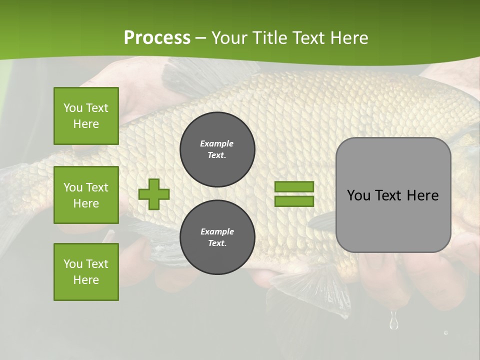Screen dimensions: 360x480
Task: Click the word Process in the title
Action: click(157, 38)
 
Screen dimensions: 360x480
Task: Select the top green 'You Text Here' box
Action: click(86, 116)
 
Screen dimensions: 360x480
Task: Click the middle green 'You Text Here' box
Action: click(86, 195)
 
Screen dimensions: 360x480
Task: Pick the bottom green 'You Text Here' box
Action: click(86, 272)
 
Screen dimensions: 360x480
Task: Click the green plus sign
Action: click(153, 194)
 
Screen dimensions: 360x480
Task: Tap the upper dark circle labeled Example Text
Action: click(217, 149)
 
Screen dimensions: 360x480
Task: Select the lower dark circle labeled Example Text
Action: click(217, 237)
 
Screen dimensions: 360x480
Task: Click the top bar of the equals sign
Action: click(294, 187)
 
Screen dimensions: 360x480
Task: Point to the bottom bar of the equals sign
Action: click(294, 201)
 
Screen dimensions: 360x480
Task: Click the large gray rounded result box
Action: click(393, 220)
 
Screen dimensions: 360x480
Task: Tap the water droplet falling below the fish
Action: click(394, 321)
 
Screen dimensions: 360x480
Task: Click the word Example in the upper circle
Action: click(217, 143)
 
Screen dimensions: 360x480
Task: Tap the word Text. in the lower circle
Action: click(217, 243)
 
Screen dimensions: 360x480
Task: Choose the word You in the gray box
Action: click(358, 195)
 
